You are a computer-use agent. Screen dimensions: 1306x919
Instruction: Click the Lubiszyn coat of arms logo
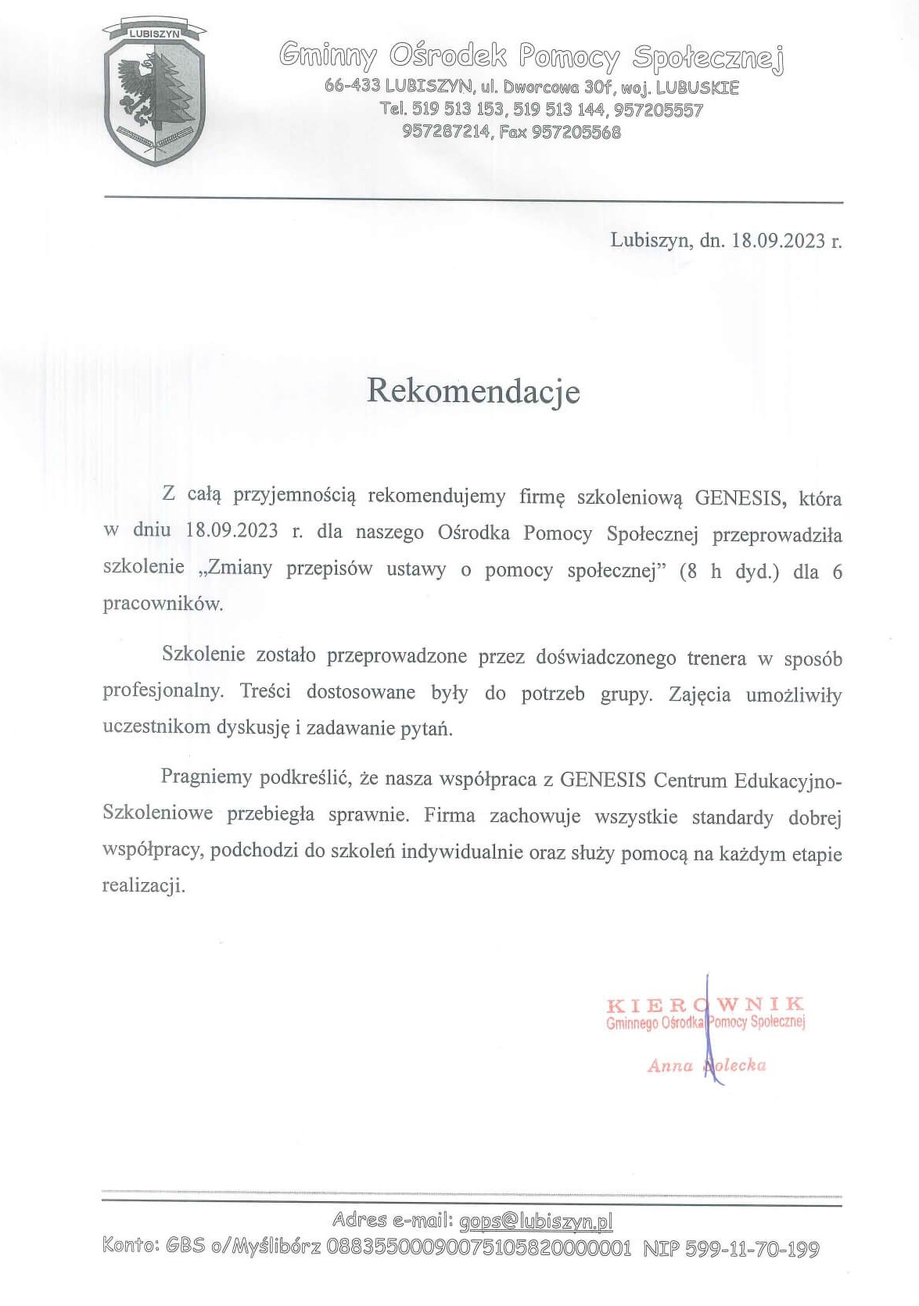click(154, 95)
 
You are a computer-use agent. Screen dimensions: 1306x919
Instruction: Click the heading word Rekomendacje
click(473, 391)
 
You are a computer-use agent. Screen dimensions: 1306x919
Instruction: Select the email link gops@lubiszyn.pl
click(536, 1221)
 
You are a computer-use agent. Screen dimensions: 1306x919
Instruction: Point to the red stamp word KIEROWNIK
click(705, 1004)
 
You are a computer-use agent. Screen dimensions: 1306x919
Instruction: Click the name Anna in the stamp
click(670, 1065)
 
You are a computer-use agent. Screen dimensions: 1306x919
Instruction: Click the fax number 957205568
click(576, 132)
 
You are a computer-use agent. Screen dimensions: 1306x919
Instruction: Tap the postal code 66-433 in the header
click(352, 86)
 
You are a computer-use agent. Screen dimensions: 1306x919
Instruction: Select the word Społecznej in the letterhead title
click(708, 57)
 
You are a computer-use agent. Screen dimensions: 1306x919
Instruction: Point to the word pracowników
click(163, 604)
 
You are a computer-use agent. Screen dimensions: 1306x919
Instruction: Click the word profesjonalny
click(162, 692)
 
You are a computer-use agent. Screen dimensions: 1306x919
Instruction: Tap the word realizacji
click(144, 886)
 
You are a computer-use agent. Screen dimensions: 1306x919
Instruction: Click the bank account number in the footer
click(478, 1247)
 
